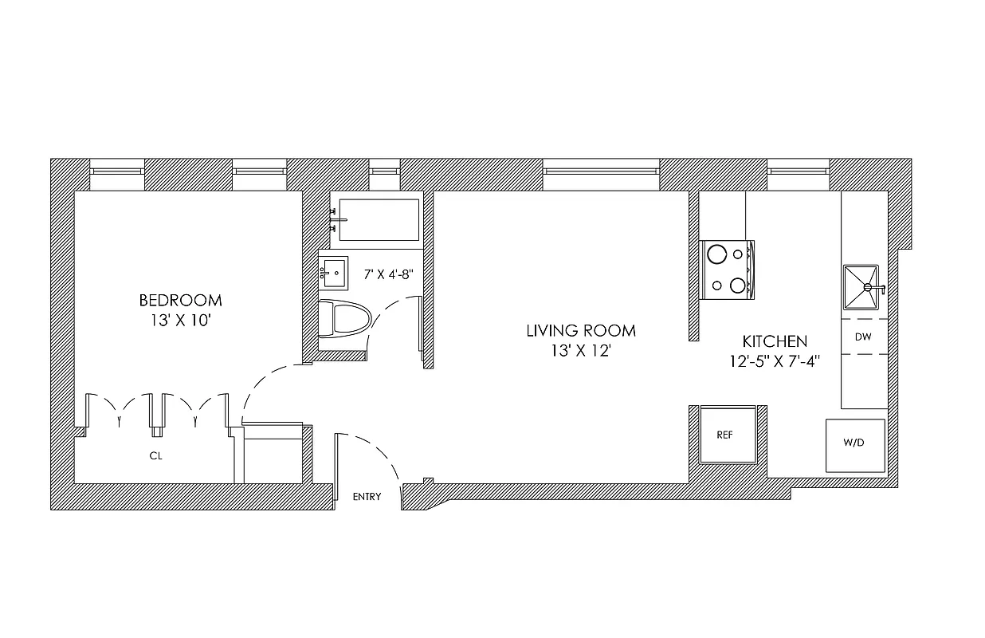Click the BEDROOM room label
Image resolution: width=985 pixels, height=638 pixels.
point(180,301)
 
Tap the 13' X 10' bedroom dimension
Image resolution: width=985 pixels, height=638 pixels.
point(180,321)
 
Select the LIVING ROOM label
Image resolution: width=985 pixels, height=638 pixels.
point(581,330)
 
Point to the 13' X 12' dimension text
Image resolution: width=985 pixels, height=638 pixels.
point(580,351)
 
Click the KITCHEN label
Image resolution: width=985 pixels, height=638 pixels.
point(775,341)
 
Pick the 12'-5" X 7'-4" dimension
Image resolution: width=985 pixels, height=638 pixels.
point(775,360)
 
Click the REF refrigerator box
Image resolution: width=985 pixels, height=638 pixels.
point(724,435)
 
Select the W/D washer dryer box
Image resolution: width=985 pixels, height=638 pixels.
point(854,443)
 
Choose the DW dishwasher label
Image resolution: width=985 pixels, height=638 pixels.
point(863,337)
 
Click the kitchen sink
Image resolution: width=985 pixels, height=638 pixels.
point(862,287)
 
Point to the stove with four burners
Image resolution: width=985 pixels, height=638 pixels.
point(727,270)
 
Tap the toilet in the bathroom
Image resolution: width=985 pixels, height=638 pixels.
point(344,319)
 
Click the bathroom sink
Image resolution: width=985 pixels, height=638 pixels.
point(335,273)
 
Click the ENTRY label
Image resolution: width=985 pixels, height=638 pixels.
point(367,497)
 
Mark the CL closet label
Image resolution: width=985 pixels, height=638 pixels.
point(156,457)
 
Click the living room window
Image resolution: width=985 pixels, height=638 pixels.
point(601,169)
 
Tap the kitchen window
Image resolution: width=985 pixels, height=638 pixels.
point(799,169)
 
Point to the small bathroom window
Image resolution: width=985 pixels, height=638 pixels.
point(384,169)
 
